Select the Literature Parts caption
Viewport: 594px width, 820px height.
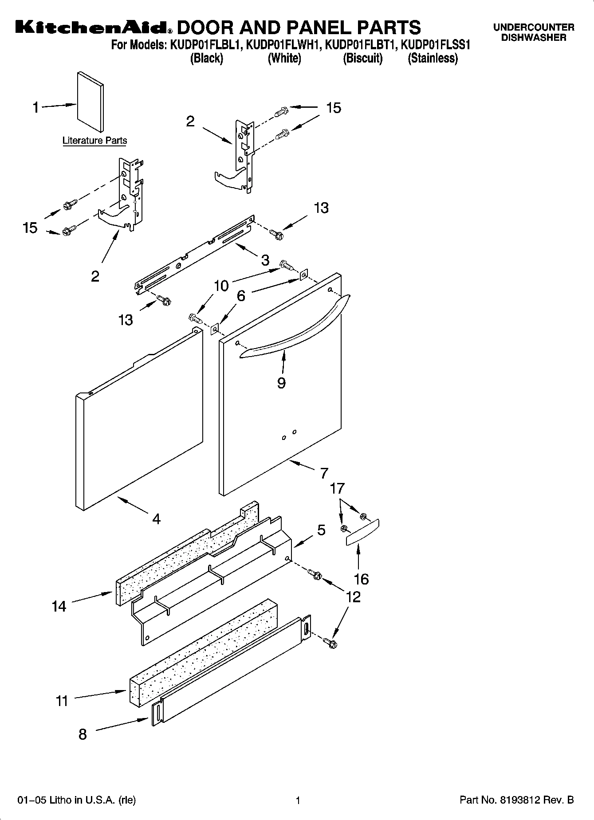click(x=94, y=141)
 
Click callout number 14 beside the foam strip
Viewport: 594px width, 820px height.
click(x=59, y=606)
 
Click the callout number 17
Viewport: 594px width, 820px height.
click(x=337, y=489)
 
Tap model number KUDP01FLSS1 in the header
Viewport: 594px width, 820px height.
click(x=435, y=45)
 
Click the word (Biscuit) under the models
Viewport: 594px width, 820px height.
click(x=362, y=58)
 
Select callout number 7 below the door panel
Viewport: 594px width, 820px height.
click(x=324, y=473)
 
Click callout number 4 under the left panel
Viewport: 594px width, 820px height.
click(x=156, y=518)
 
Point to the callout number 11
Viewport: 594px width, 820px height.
click(x=62, y=701)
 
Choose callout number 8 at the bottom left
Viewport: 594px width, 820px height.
click(x=83, y=734)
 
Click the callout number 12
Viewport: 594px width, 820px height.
click(x=353, y=597)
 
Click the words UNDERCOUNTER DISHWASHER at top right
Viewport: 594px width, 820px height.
click(x=534, y=32)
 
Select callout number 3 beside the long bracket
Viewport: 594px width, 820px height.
click(x=265, y=260)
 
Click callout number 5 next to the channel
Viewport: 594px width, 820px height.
click(x=321, y=530)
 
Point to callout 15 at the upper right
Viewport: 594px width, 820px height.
click(x=334, y=108)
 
